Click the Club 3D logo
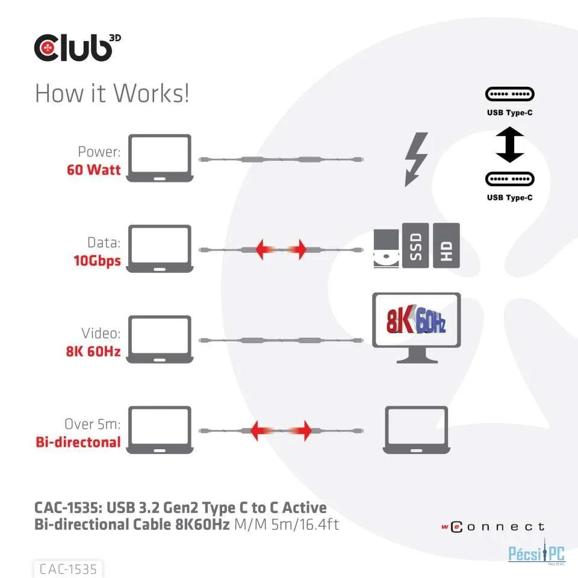click(x=78, y=48)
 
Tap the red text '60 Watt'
click(x=94, y=170)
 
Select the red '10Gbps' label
click(x=98, y=261)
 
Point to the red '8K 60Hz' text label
click(x=93, y=351)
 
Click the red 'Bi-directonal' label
click(x=78, y=442)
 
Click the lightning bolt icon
click(x=416, y=159)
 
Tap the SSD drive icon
click(x=415, y=246)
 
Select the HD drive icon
click(x=446, y=246)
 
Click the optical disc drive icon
click(x=387, y=248)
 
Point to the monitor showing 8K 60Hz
click(x=417, y=328)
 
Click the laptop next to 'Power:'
click(x=160, y=158)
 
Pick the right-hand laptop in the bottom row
click(x=417, y=430)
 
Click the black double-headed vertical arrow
click(x=510, y=144)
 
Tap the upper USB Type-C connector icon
click(x=510, y=94)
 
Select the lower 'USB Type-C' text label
click(x=510, y=197)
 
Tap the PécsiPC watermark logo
click(x=536, y=553)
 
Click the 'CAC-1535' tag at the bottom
click(x=68, y=569)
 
